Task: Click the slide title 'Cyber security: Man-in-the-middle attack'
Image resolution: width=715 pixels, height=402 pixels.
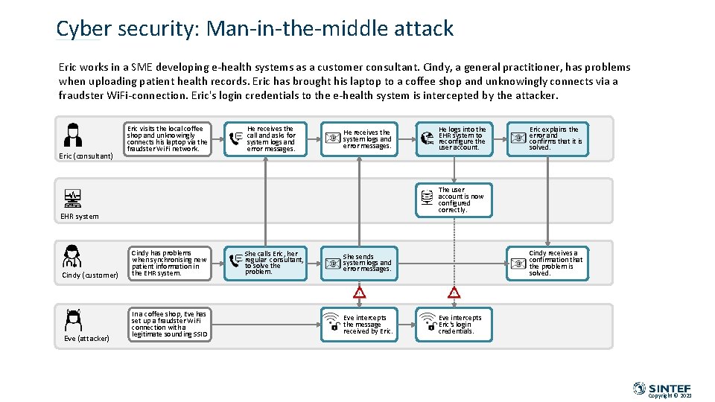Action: (255, 29)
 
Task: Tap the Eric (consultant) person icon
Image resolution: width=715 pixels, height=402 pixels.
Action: (73, 135)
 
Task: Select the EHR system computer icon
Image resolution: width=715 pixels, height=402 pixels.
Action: (73, 198)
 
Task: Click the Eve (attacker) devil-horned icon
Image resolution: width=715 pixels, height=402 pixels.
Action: (73, 319)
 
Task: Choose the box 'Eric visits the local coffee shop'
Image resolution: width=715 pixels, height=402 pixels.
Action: (168, 138)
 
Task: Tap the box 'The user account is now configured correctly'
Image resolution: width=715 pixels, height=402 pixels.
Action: (455, 200)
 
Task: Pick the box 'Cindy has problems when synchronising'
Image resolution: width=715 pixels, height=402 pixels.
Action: (168, 263)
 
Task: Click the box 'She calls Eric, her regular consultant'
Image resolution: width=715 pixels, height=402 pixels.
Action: (266, 263)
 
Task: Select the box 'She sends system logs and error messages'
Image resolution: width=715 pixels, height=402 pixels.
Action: (360, 263)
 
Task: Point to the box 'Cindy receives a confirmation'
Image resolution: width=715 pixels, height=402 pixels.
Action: (548, 263)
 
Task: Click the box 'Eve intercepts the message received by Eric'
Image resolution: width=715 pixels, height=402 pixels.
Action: (360, 325)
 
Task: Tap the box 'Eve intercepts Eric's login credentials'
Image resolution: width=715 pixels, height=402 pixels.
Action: (455, 325)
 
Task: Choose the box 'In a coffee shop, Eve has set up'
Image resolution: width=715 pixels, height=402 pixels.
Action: (168, 325)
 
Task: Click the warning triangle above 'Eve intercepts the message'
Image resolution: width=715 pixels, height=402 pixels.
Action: (360, 293)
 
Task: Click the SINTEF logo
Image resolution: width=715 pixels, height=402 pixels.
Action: (661, 388)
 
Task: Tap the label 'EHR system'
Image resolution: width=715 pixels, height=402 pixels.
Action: (79, 217)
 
